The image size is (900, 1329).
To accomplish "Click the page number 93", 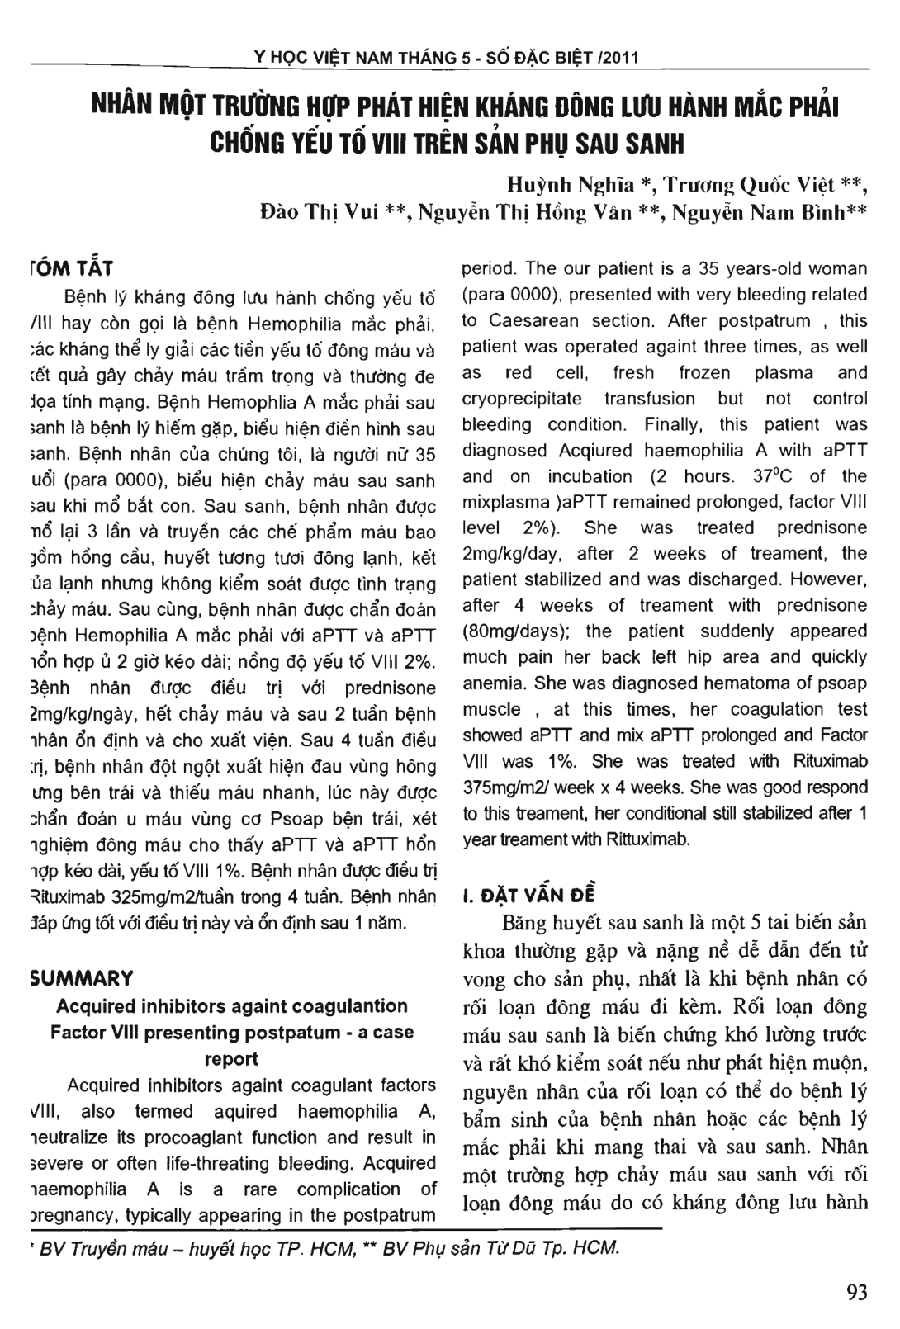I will click(x=857, y=1292).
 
